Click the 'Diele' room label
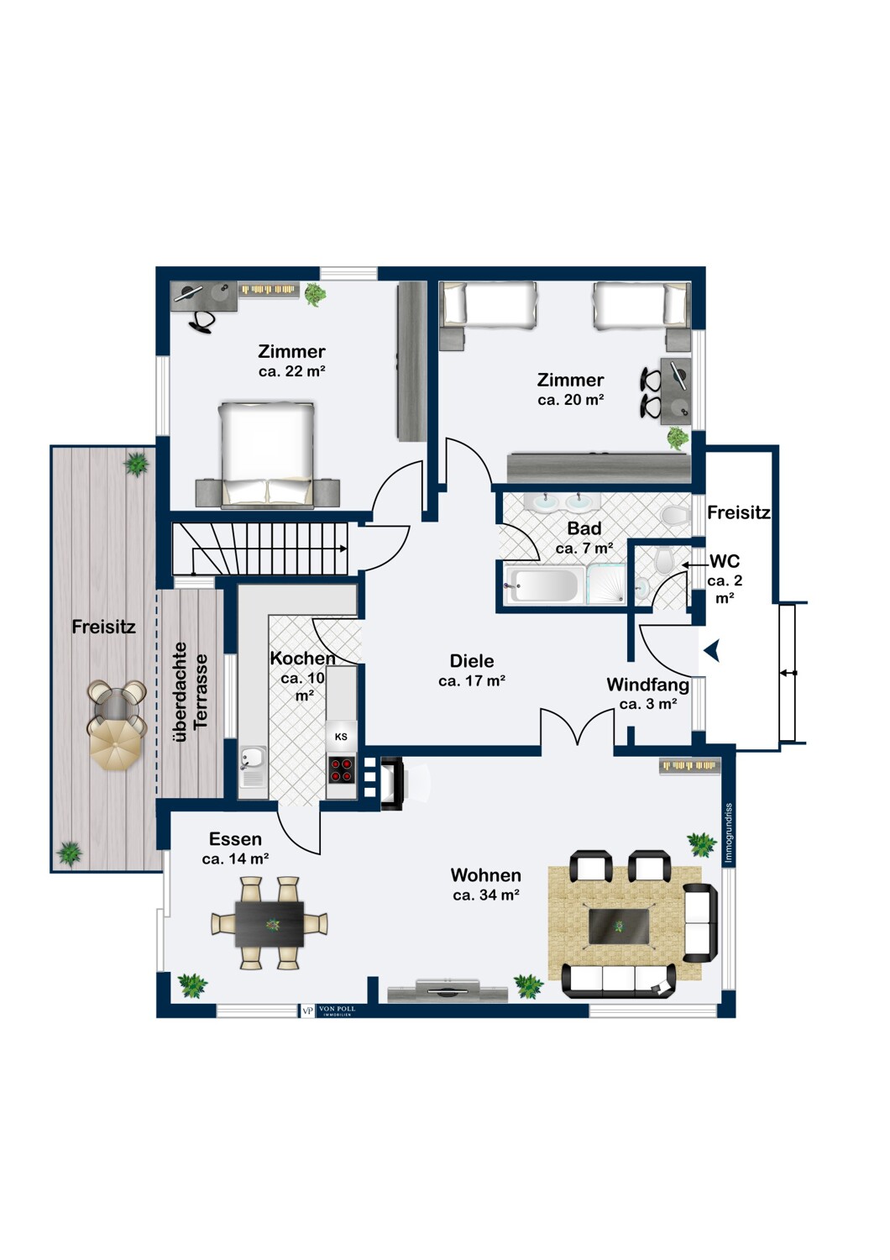tap(471, 661)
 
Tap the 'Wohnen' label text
tap(485, 875)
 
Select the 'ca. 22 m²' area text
tap(291, 371)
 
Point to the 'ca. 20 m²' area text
tap(570, 400)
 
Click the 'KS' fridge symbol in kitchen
tap(341, 737)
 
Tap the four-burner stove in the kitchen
tap(341, 769)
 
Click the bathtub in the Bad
tap(544, 584)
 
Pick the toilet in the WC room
tap(664, 560)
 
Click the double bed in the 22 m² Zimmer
tap(267, 454)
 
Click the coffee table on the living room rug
tap(619, 926)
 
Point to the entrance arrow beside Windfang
tap(712, 650)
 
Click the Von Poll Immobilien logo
tap(328, 1011)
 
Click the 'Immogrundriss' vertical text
tap(729, 833)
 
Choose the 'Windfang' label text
tap(647, 685)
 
